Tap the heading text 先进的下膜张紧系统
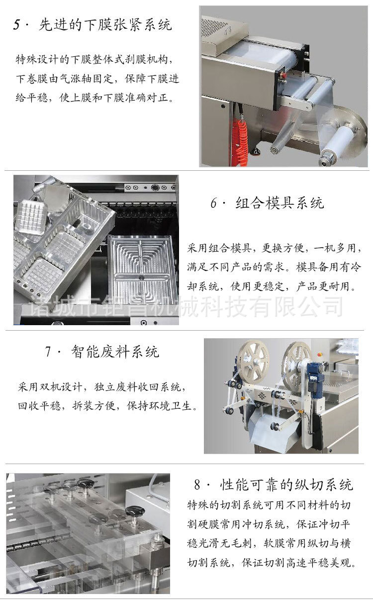coord(105,25)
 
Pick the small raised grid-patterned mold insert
coord(35,218)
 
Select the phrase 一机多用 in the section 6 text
coord(334,248)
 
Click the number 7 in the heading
coord(49,352)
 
